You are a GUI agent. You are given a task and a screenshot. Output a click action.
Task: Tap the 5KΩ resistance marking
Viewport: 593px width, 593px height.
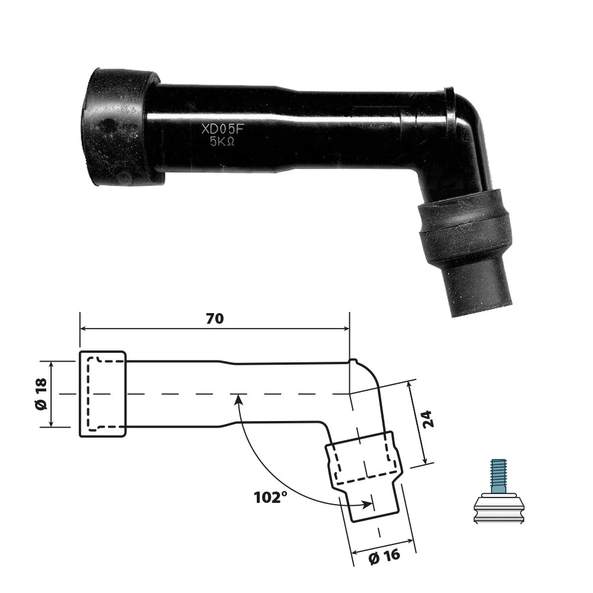pos(222,142)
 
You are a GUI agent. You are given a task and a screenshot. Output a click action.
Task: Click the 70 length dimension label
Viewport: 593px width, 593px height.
pos(215,318)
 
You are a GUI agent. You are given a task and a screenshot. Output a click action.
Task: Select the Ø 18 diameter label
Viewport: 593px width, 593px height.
pos(41,394)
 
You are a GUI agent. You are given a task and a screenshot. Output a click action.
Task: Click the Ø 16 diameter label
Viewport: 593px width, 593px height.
pos(384,556)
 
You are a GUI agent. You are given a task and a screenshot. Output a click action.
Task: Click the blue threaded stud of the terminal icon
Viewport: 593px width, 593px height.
pos(499,476)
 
